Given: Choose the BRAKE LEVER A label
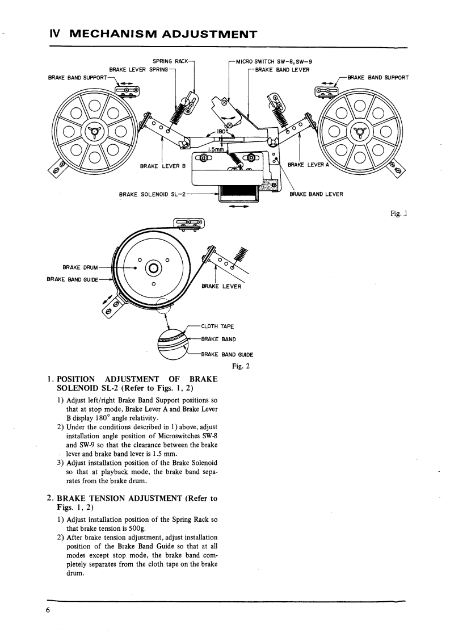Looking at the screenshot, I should [306, 165].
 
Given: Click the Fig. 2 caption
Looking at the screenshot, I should [241, 366].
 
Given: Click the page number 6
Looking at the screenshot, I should [49, 610].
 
